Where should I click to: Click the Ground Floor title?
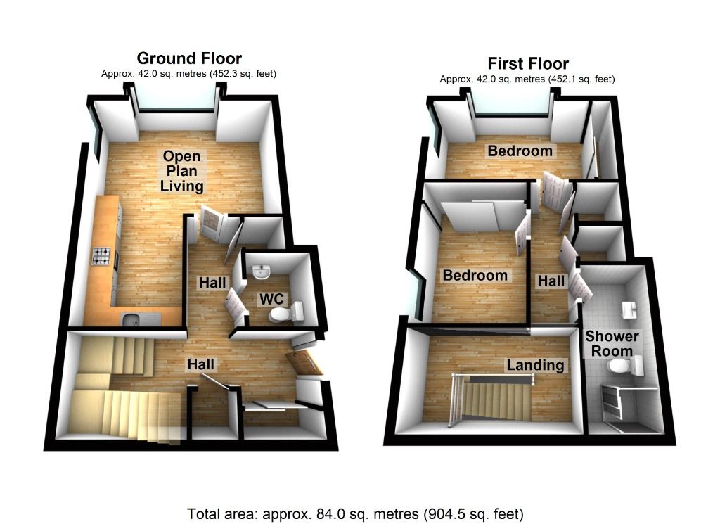point(189,58)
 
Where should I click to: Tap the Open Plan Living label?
point(181,171)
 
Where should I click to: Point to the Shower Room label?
point(609,343)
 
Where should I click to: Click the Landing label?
point(536,365)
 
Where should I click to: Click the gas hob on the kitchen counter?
point(101,258)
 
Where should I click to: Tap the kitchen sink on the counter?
point(131,320)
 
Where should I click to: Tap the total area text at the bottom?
point(356,513)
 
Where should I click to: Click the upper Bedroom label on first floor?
point(520,151)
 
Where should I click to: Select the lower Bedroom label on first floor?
point(475,276)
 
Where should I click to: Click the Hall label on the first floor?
point(551,281)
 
